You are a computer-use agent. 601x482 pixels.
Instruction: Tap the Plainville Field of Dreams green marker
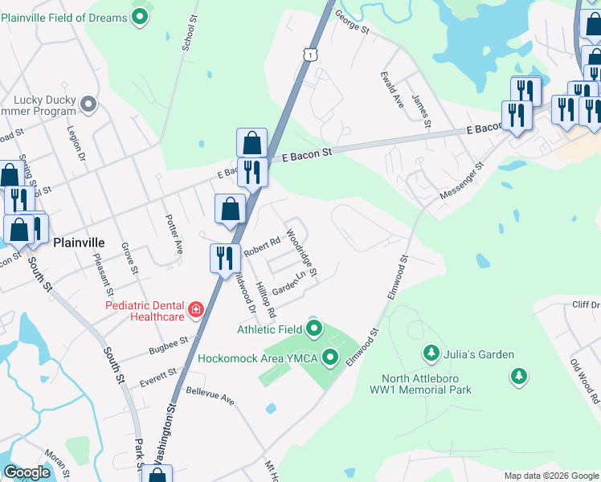(x=141, y=17)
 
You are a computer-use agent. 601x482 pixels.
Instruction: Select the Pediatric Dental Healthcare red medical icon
(x=194, y=309)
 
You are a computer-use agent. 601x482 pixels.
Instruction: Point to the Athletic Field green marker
(x=313, y=329)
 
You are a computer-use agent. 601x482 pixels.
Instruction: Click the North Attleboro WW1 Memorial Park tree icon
(x=519, y=375)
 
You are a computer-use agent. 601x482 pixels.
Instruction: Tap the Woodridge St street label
(x=302, y=255)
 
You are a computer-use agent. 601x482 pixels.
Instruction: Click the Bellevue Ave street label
(x=209, y=395)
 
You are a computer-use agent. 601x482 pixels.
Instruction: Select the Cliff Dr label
(x=586, y=304)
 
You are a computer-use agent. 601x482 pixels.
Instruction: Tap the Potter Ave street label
(x=174, y=230)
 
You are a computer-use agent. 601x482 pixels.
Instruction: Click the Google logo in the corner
(x=27, y=472)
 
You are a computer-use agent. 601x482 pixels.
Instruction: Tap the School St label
(x=189, y=33)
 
